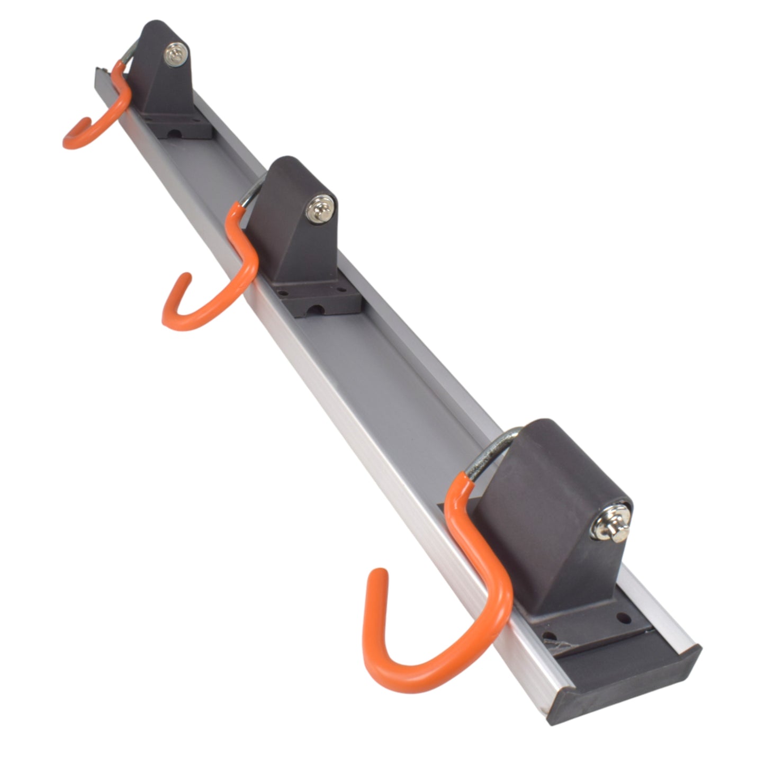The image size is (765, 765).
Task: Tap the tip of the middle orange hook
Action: coord(185,278)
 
